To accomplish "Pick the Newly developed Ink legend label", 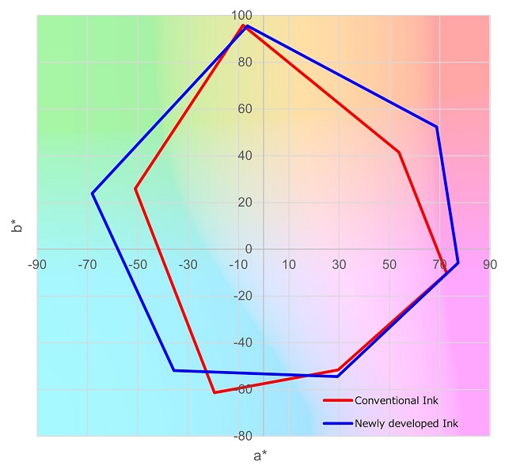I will tap(406, 424).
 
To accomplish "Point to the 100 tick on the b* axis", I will tap(241, 16).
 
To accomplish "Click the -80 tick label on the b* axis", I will tap(241, 436).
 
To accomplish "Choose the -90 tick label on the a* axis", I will tap(36, 264).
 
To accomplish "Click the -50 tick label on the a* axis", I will tap(137, 264).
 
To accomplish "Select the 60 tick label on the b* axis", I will tap(243, 109).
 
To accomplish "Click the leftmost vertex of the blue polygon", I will tap(93, 193).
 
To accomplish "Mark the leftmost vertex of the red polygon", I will tap(136, 189).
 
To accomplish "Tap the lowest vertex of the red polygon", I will tap(214, 392).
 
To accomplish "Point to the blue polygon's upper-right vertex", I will tap(436, 127).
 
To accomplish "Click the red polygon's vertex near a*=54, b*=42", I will tap(399, 152).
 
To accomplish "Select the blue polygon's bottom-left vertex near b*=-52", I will tap(174, 370).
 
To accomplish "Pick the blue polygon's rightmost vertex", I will tap(458, 263).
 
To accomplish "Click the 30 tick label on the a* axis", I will tap(339, 264).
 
